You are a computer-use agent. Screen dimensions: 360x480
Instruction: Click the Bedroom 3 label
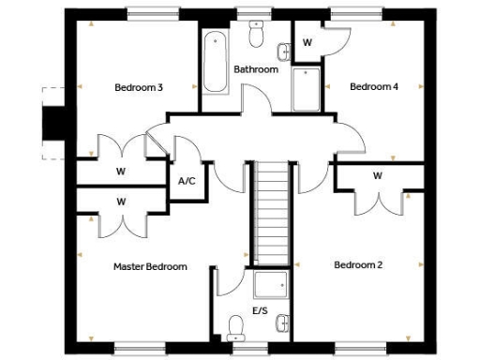(139, 88)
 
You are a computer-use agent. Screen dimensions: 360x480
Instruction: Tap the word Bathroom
(256, 69)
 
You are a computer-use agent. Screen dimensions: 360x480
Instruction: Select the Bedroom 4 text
(374, 87)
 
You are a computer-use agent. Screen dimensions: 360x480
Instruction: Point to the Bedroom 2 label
(358, 265)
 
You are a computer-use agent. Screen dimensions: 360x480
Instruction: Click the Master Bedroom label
(150, 267)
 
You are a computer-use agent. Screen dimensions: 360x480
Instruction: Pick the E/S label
(259, 309)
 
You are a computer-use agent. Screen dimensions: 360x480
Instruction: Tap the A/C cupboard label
(186, 180)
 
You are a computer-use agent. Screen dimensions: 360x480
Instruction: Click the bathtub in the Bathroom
(214, 62)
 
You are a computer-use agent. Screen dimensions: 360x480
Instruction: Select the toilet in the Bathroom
(255, 35)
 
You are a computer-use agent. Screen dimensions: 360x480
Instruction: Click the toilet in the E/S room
(235, 326)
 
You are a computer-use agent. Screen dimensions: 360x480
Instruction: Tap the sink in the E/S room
(283, 322)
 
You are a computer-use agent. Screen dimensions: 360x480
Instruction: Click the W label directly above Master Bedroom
(121, 202)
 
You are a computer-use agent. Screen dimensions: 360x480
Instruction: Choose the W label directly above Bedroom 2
(377, 176)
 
